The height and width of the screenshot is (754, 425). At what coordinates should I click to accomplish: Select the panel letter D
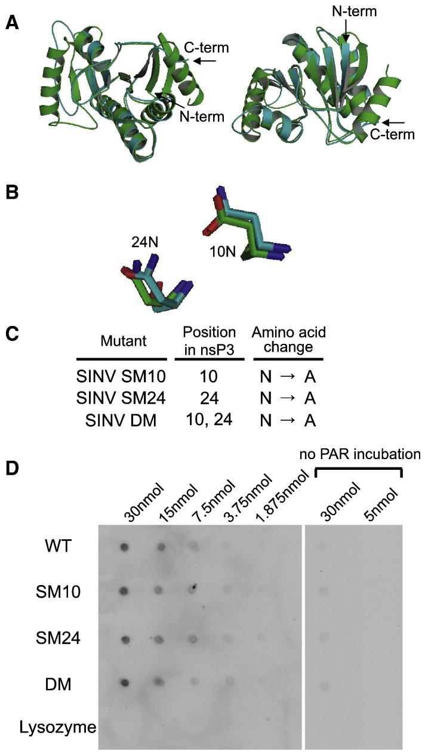point(11,465)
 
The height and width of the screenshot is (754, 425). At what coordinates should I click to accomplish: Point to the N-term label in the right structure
point(349,11)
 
